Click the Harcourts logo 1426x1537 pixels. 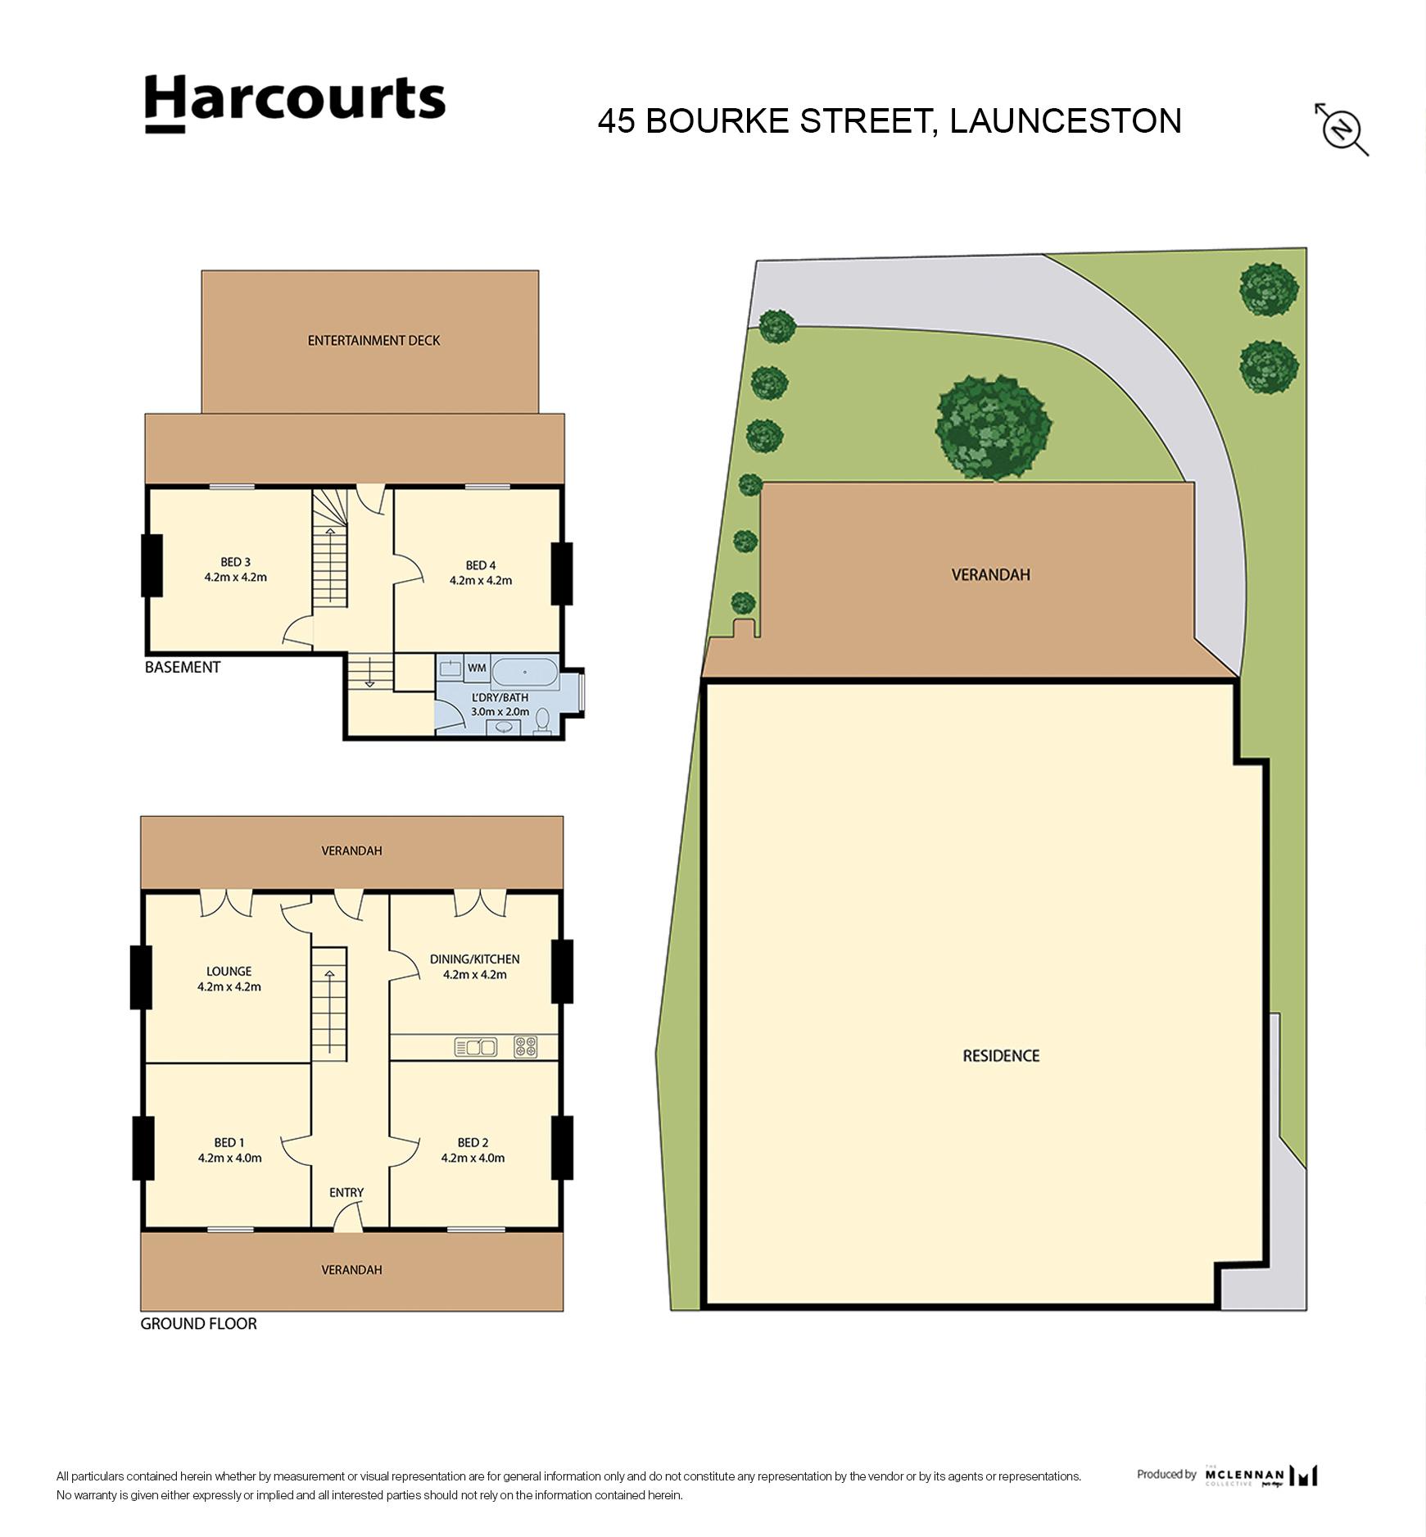[x=295, y=103]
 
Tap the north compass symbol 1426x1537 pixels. [x=1342, y=129]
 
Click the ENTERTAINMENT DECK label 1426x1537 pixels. [x=373, y=340]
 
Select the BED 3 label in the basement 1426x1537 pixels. [x=235, y=562]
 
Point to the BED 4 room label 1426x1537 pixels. [x=481, y=565]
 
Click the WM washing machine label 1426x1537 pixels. [x=477, y=668]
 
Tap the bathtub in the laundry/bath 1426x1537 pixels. [x=525, y=673]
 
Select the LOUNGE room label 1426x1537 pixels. [x=229, y=972]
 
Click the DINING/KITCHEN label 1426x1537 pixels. [x=475, y=959]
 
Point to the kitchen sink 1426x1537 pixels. [x=475, y=1046]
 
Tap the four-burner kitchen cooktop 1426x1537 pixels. [x=525, y=1046]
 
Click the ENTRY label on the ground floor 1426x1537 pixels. [x=346, y=1193]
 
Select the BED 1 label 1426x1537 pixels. [x=229, y=1143]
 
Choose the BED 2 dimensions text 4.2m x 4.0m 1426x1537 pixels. [x=473, y=1158]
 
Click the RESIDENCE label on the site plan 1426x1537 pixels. [x=1001, y=1056]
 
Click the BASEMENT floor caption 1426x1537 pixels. [x=183, y=667]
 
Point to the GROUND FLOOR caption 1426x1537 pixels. [x=198, y=1324]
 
